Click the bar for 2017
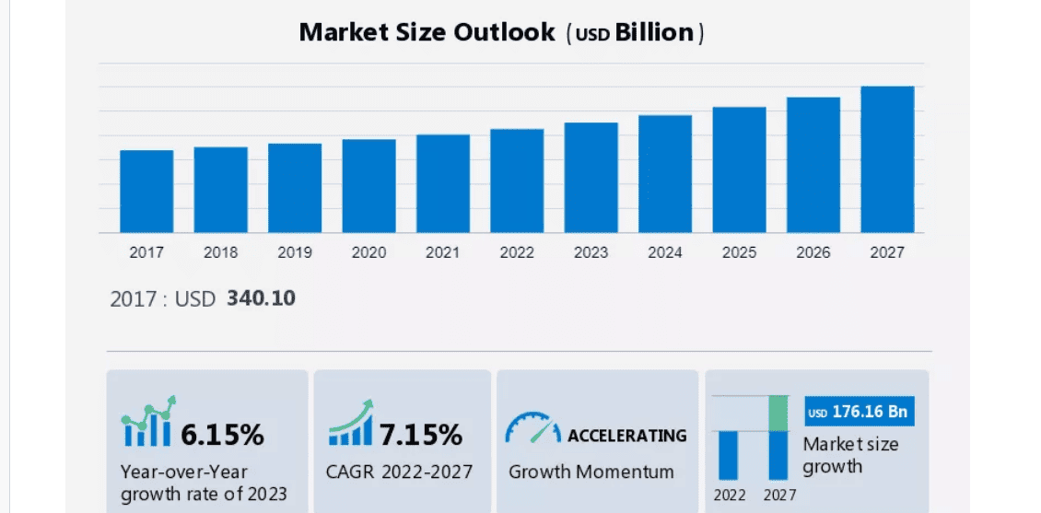point(146,192)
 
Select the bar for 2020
point(368,186)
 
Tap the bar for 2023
point(591,178)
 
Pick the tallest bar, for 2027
point(887,159)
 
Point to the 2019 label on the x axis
point(295,252)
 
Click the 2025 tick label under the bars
point(739,252)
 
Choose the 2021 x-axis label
point(442,252)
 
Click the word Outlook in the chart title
point(505,32)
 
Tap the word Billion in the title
point(654,32)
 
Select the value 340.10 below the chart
point(261,298)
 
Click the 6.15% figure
point(222,434)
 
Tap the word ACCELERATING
point(626,435)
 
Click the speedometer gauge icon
point(532,428)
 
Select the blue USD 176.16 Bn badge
point(859,412)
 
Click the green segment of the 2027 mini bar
point(778,413)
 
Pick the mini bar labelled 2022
point(730,455)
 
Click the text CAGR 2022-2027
point(399,472)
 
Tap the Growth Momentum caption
point(591,472)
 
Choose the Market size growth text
point(849,455)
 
